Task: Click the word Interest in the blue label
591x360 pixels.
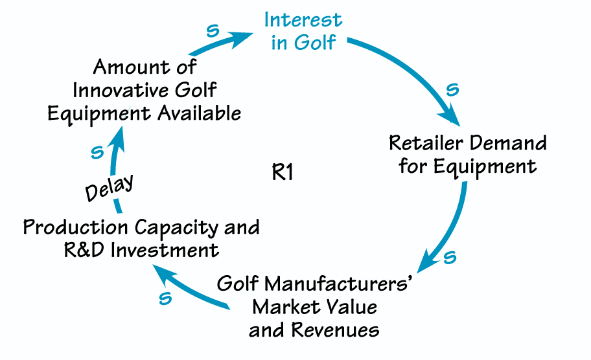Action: (x=303, y=19)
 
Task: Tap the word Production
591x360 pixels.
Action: (x=76, y=227)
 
